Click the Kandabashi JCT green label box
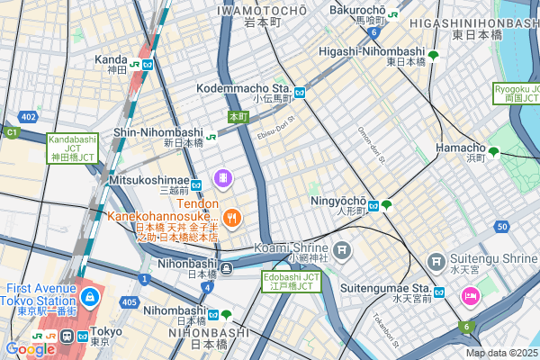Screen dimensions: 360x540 [x=71, y=148]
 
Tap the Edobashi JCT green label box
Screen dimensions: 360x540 [x=291, y=281]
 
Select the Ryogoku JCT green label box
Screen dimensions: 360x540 [x=516, y=94]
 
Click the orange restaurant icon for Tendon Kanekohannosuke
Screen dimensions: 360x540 [x=231, y=217]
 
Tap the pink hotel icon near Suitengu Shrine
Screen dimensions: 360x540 [x=470, y=295]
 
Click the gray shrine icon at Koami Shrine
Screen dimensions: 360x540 [x=341, y=248]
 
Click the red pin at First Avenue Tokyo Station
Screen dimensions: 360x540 [x=89, y=296]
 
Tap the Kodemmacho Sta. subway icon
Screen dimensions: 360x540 [x=299, y=92]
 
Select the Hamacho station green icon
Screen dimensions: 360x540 [x=493, y=151]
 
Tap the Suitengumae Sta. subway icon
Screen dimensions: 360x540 [x=440, y=292]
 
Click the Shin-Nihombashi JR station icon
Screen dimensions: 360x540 [x=210, y=137]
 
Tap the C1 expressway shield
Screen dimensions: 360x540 [x=12, y=132]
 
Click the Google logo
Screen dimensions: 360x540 [x=29, y=348]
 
